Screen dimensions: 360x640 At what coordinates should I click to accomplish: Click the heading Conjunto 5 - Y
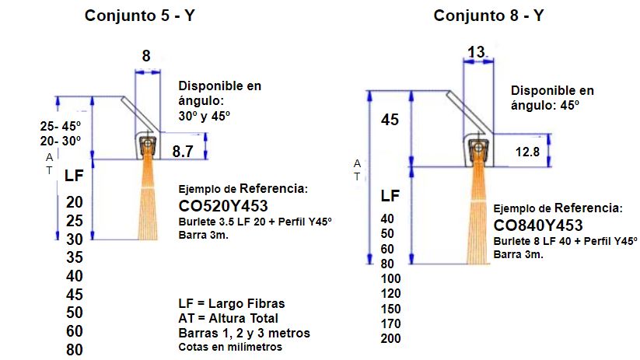pos(140,16)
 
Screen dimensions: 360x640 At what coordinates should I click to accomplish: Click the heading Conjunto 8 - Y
pos(488,16)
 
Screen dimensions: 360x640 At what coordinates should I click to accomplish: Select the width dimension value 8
pos(146,56)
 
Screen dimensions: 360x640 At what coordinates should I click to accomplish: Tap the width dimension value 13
pos(477,51)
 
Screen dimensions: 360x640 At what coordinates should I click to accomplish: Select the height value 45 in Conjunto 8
pos(390,119)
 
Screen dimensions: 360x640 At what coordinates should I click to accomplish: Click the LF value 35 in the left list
pos(75,258)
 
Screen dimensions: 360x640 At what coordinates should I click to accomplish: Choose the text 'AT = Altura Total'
pos(228,318)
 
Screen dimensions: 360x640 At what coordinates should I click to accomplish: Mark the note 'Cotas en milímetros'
pos(230,348)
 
